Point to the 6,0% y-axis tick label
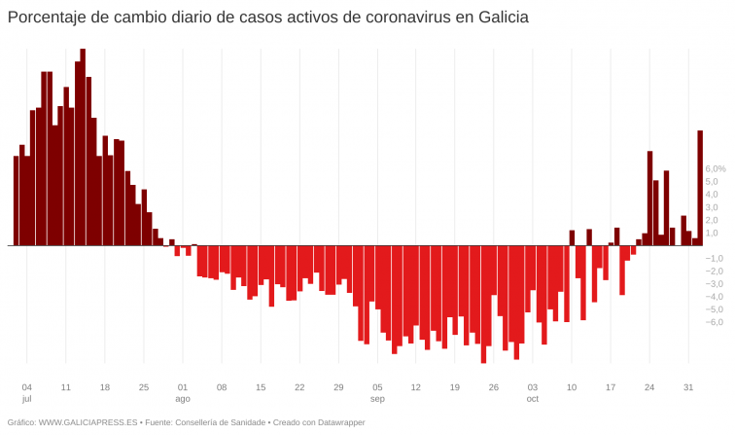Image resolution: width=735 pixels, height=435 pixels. [x=715, y=168]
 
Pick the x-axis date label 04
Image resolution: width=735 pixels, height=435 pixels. [x=27, y=386]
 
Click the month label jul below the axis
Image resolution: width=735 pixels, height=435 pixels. [x=26, y=399]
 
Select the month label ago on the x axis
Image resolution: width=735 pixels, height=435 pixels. [x=183, y=399]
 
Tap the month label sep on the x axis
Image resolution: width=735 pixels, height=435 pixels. [x=377, y=399]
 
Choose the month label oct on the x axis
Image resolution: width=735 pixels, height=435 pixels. [x=533, y=399]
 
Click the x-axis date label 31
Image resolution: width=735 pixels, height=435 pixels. [x=688, y=386]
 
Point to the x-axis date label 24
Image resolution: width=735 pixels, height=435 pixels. [x=649, y=386]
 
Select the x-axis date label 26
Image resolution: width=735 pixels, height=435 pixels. [x=494, y=386]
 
